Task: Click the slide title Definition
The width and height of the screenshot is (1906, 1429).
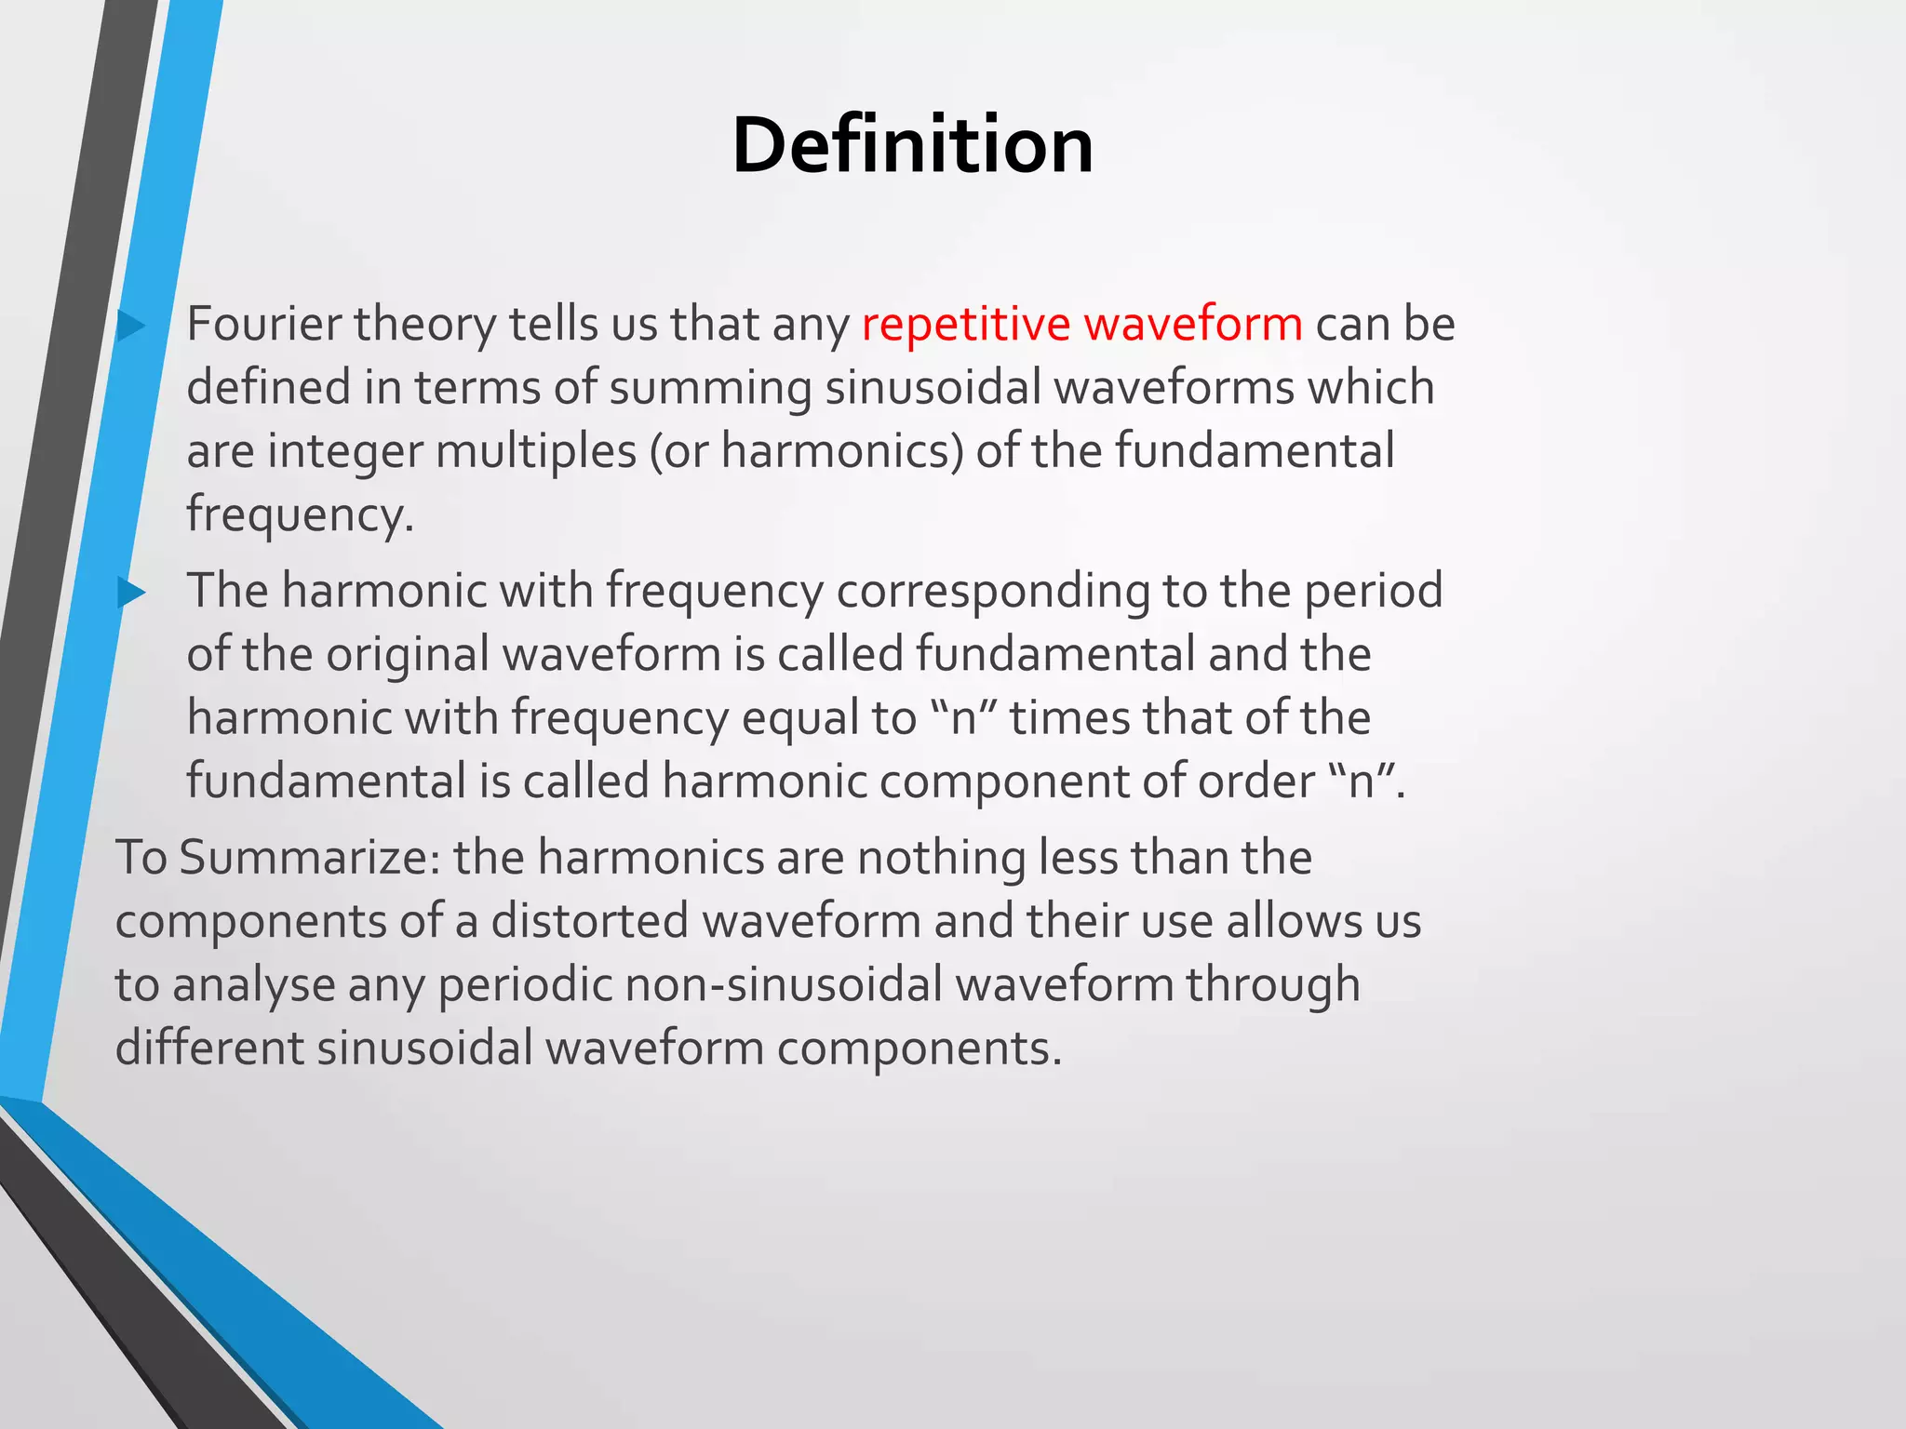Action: [x=912, y=146]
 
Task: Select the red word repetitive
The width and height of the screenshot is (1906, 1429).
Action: [x=966, y=325]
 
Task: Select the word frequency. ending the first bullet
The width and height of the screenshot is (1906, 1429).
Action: [x=300, y=514]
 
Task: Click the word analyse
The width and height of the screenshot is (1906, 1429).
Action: [x=253, y=984]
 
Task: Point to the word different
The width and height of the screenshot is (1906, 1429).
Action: [x=209, y=1048]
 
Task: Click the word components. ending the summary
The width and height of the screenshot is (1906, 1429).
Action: [x=919, y=1049]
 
